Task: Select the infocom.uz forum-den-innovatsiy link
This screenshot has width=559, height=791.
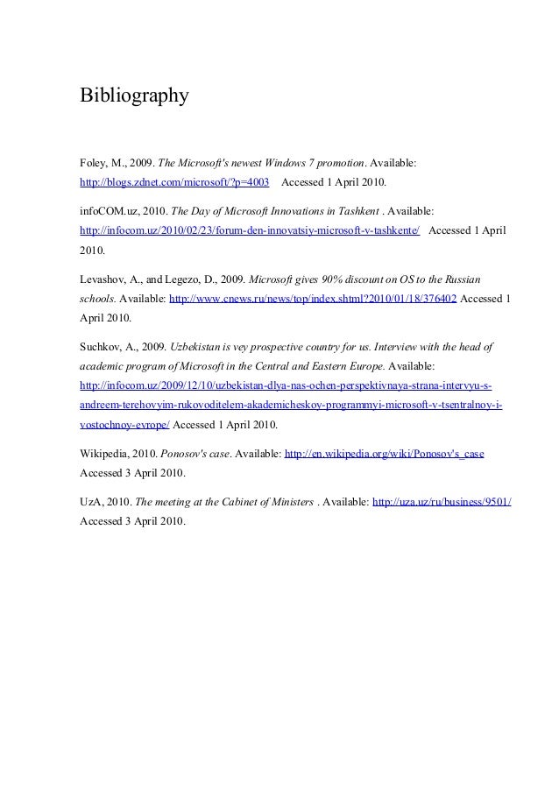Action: click(250, 232)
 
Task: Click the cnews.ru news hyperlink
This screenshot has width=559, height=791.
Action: click(312, 299)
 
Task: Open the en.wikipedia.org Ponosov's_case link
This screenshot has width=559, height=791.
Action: click(386, 455)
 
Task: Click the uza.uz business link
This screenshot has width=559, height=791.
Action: click(442, 502)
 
